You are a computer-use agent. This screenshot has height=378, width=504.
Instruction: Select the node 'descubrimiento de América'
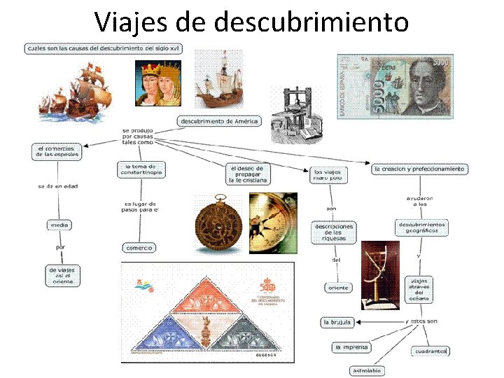219,121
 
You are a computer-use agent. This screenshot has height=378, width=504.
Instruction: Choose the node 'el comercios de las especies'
57,152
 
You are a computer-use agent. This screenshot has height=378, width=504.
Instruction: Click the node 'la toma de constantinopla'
142,169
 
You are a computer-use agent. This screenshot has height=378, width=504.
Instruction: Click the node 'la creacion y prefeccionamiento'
419,169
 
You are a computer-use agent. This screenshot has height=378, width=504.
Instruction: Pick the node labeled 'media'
58,225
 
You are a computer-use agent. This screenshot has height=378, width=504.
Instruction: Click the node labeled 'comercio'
139,247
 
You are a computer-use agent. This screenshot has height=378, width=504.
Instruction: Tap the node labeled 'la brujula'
336,322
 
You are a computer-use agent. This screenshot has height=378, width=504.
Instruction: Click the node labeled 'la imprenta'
351,347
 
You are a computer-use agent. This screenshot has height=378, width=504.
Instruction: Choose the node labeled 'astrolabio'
367,370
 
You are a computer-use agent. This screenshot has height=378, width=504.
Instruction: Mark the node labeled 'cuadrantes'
429,350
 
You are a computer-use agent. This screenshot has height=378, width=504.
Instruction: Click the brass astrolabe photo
217,223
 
